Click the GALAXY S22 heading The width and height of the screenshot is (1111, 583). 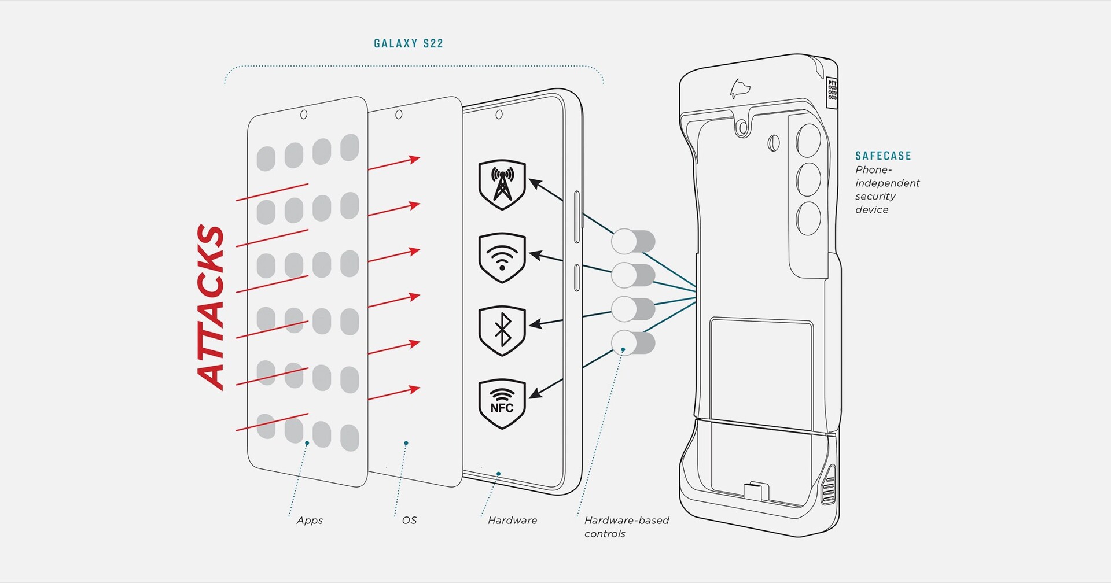[409, 43]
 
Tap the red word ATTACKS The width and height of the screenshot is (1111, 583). [211, 307]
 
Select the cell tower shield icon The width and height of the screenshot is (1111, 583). [502, 184]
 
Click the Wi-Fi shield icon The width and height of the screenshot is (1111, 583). [502, 257]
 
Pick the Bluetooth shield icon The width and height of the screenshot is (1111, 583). [502, 330]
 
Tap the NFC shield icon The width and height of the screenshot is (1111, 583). [502, 404]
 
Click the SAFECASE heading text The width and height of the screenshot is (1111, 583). [883, 156]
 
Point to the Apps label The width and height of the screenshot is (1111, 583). [310, 521]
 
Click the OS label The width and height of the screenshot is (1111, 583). [409, 521]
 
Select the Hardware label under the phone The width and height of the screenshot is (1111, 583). [512, 521]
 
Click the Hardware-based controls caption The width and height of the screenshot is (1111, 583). [626, 527]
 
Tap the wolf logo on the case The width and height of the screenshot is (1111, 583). [740, 89]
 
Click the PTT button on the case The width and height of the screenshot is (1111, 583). [832, 90]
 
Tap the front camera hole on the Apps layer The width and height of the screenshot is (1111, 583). [304, 115]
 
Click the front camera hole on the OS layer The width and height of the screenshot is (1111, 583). [399, 115]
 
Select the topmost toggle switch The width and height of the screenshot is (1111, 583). [633, 241]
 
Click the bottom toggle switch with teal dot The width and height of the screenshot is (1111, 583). [633, 343]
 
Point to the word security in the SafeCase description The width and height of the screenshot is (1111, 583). [875, 196]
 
